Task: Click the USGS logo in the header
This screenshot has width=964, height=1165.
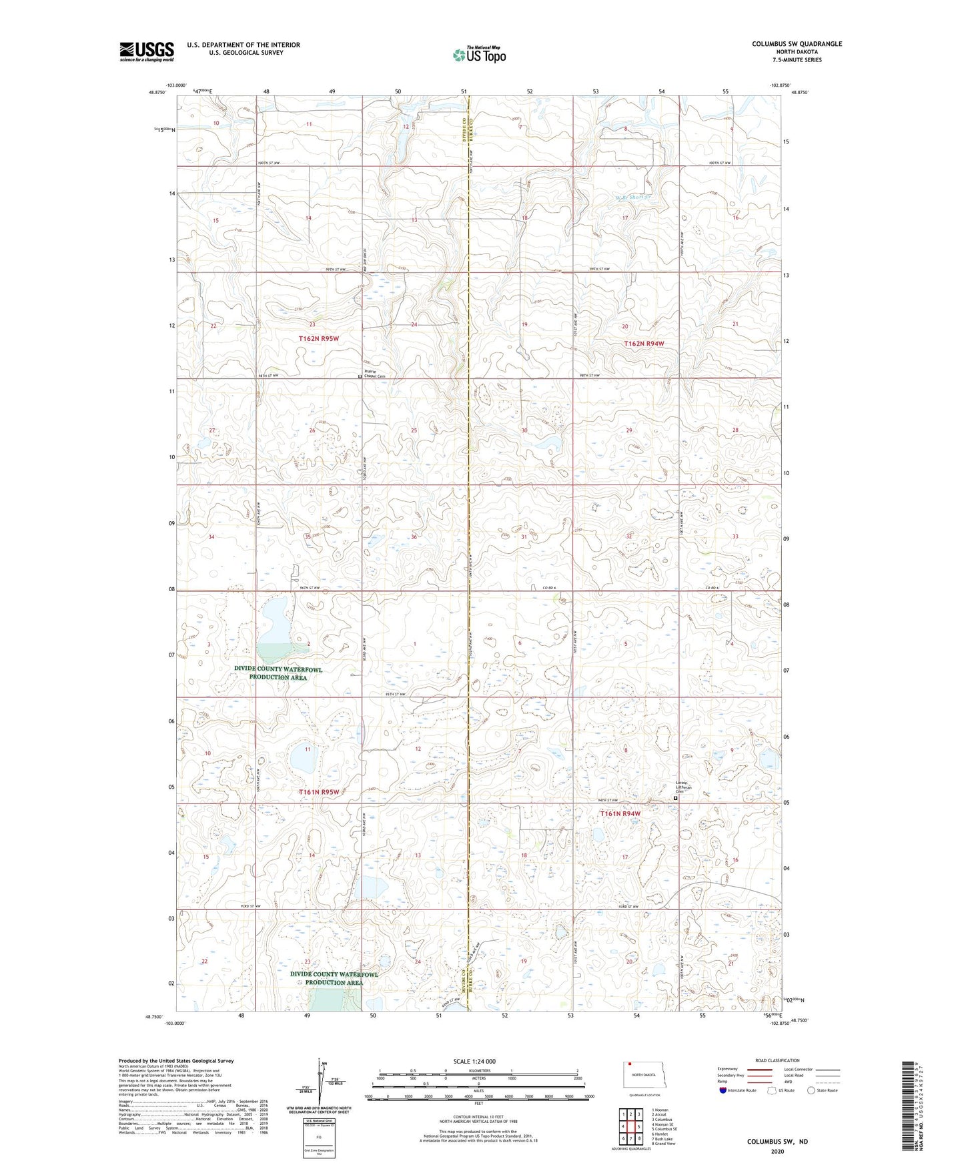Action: [147, 51]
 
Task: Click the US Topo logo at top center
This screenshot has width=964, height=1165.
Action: [479, 55]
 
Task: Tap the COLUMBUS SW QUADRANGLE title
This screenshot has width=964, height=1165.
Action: [797, 44]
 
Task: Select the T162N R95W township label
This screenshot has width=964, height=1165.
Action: [319, 339]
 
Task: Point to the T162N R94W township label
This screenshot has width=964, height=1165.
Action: [644, 344]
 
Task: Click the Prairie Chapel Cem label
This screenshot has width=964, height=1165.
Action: [374, 374]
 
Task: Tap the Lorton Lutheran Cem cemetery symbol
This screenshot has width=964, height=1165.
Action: [675, 798]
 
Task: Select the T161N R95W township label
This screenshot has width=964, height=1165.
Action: [319, 792]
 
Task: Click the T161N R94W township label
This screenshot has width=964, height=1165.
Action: [620, 813]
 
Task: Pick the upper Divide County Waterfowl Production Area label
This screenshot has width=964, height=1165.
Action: [278, 673]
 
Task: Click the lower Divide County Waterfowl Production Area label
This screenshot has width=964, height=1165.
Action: [334, 978]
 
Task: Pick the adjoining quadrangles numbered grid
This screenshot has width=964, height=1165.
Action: [630, 1128]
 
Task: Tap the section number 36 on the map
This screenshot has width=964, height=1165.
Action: [414, 537]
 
